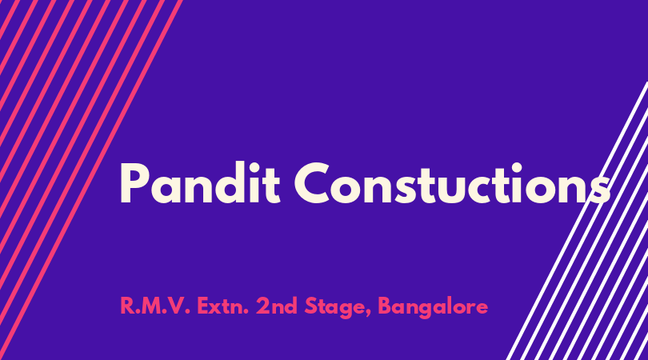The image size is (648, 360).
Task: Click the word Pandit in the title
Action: click(x=201, y=183)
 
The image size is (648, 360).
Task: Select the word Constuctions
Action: click(x=452, y=183)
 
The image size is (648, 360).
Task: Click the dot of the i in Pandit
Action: click(x=254, y=167)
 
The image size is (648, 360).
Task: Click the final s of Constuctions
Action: click(x=598, y=190)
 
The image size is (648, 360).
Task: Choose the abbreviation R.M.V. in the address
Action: click(x=155, y=306)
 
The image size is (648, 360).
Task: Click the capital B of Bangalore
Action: click(x=385, y=306)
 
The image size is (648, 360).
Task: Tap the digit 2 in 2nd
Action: click(x=262, y=306)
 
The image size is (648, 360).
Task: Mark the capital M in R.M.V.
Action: click(x=147, y=306)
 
